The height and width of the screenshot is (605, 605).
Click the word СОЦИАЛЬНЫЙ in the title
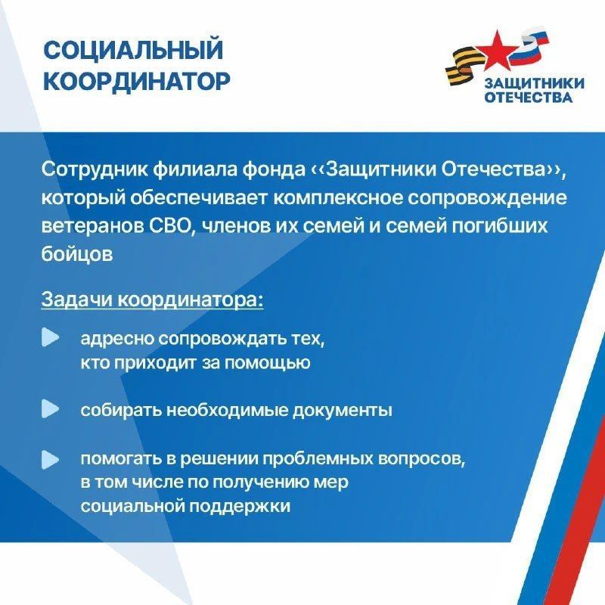click(x=133, y=51)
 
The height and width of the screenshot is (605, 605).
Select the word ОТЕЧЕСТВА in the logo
click(x=527, y=97)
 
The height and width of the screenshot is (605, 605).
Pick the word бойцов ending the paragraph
click(x=77, y=254)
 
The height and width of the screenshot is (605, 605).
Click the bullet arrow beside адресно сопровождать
click(x=50, y=337)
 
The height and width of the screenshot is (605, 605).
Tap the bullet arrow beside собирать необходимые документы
click(x=50, y=409)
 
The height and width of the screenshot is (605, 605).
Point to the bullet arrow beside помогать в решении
click(x=50, y=458)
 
